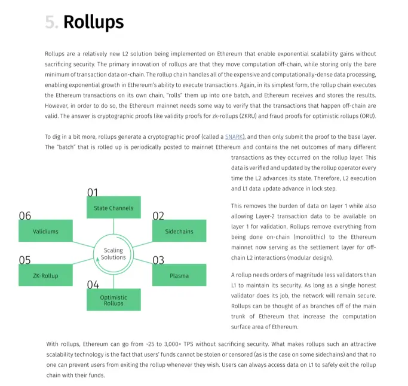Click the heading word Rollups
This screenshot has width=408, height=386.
pos(94,22)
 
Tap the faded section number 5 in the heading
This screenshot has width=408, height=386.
pos(50,22)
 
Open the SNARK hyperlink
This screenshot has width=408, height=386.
pos(234,137)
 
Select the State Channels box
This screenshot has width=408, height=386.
pos(113,208)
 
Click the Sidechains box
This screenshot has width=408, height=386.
pos(179,231)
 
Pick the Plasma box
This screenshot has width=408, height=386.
pos(179,275)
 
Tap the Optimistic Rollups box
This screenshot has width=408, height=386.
pos(113,300)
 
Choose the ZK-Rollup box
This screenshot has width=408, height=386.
pos(45,275)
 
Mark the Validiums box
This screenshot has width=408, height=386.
pos(45,231)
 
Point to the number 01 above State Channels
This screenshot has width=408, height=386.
pos(93,193)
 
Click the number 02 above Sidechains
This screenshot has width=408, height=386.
pos(158,216)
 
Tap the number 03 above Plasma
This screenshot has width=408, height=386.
pos(158,260)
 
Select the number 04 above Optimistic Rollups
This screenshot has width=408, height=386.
pos(93,285)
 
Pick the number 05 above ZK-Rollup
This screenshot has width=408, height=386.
pos(24,260)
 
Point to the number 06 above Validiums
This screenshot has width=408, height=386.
pos(25,216)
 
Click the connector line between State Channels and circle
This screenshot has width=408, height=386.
pos(113,226)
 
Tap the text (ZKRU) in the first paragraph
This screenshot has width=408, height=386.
pos(248,116)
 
